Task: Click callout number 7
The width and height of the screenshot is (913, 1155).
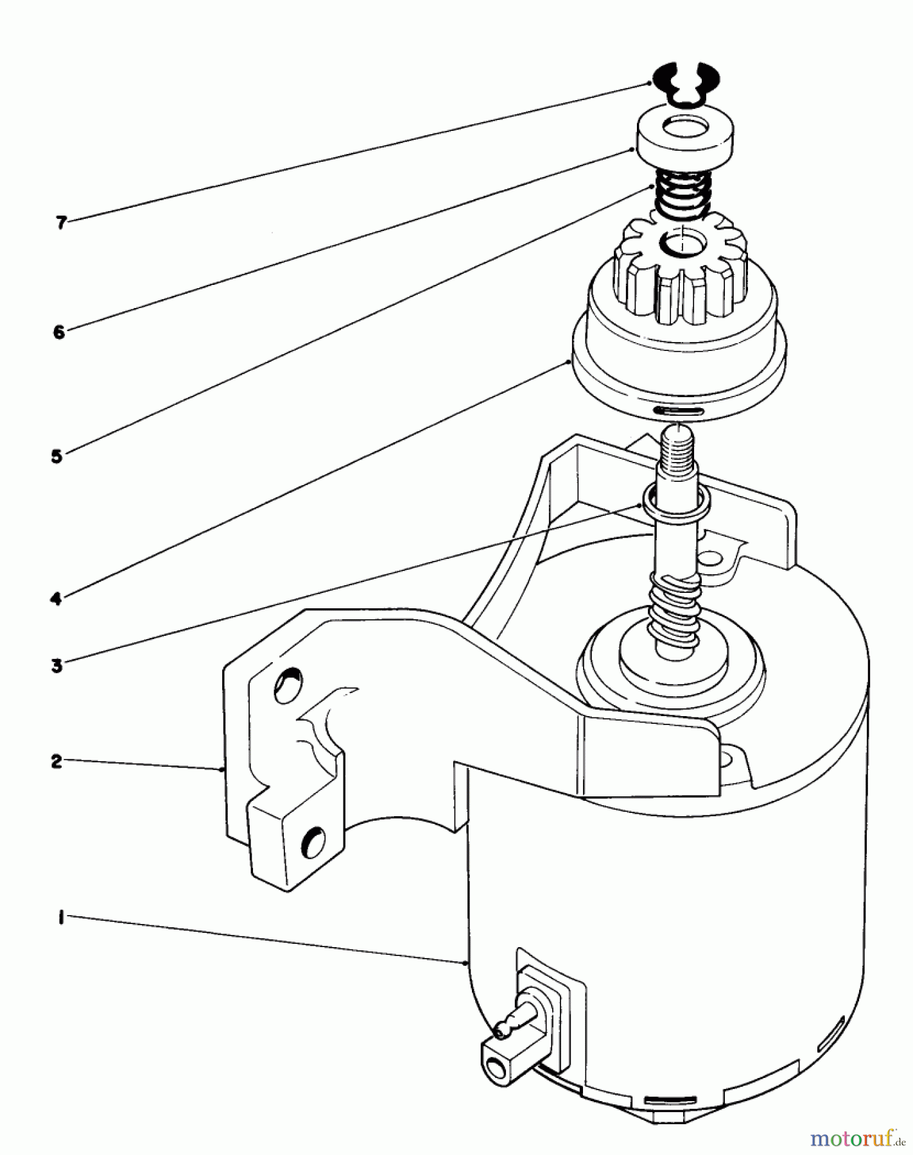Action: pos(60,223)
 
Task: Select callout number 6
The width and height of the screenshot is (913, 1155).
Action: pos(59,332)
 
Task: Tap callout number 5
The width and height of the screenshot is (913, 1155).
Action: pos(57,457)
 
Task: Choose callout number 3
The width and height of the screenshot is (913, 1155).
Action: pos(57,665)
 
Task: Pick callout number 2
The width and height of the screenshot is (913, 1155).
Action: pos(57,762)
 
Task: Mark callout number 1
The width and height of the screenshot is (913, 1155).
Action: pos(60,918)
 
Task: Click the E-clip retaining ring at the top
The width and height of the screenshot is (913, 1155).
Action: pos(685,83)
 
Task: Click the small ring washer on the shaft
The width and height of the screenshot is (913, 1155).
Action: pos(676,500)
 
